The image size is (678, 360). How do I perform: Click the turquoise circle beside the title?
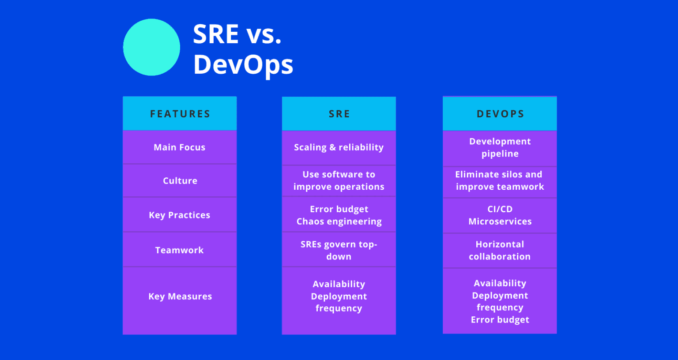(151, 47)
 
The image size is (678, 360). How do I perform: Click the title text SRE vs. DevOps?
(242, 49)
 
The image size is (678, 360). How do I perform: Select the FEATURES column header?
(180, 114)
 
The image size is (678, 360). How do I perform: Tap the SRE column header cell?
(339, 114)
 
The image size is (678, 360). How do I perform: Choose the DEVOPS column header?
(500, 114)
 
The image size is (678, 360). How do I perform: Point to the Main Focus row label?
(180, 147)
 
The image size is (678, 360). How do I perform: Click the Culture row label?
(180, 181)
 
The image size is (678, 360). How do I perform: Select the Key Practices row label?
(180, 215)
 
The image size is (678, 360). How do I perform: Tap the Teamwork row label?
(180, 250)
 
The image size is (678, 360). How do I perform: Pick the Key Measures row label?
(180, 296)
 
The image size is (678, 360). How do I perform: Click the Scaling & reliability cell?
(339, 147)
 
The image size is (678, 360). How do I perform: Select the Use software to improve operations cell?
(339, 181)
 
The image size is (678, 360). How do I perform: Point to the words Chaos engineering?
(339, 221)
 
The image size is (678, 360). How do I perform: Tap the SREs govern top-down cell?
(339, 250)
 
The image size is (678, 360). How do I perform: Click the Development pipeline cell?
(500, 147)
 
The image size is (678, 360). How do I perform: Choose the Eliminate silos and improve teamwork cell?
(500, 181)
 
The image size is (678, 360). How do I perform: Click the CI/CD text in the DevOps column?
(500, 209)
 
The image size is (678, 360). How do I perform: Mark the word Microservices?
(500, 221)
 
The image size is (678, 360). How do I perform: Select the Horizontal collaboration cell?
(500, 250)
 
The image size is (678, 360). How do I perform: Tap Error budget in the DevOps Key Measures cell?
(500, 320)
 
